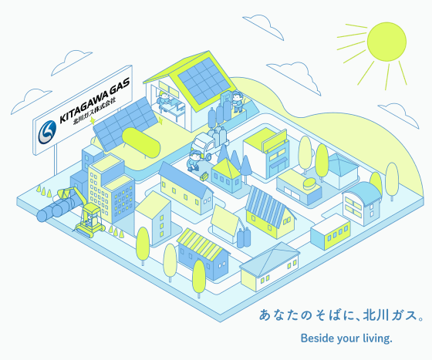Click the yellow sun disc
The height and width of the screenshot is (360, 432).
click(386, 42)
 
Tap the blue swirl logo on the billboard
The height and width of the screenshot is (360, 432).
click(47, 133)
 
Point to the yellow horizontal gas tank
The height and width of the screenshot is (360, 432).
click(141, 143)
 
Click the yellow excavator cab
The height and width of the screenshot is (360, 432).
click(91, 214)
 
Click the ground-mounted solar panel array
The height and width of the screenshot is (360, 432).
click(125, 124)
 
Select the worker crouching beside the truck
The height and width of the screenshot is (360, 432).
click(194, 160)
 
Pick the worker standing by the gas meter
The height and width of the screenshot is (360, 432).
click(237, 101)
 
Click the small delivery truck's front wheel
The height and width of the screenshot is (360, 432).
click(208, 157)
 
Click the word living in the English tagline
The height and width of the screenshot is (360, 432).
click(376, 338)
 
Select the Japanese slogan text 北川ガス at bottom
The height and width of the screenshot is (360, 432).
click(390, 315)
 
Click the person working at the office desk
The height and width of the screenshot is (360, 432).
click(164, 99)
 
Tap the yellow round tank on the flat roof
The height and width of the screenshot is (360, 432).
click(309, 183)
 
